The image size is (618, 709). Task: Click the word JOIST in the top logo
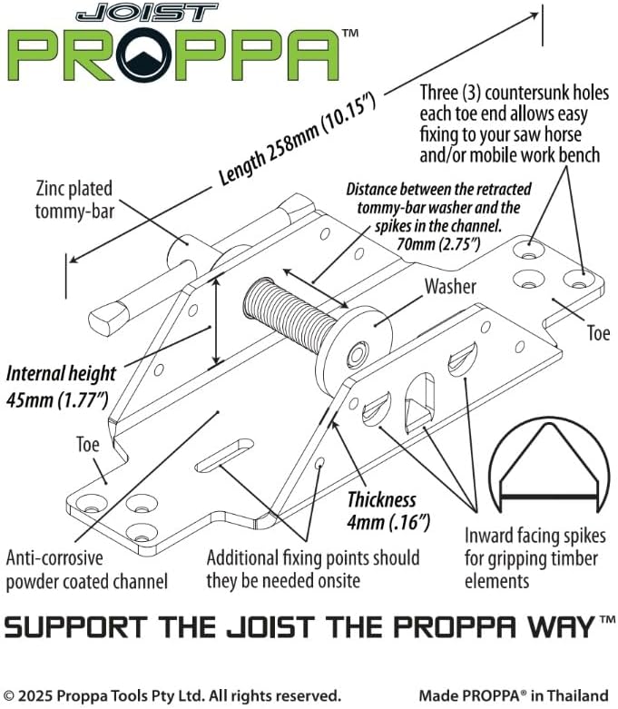[x=147, y=13]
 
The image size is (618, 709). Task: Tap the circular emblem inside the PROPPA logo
[x=143, y=54]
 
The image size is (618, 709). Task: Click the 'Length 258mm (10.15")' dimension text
[x=297, y=139]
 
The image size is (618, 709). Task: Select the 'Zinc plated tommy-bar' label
[x=74, y=200]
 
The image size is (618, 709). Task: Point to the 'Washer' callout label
[x=450, y=287]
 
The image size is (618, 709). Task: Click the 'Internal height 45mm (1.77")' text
[x=61, y=387]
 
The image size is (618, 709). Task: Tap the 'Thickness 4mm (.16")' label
[x=388, y=511]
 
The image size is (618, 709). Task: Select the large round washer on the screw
[x=354, y=350]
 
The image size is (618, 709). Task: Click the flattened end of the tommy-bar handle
[x=109, y=318]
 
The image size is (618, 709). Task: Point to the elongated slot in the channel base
[x=224, y=455]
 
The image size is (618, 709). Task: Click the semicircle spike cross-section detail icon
[x=549, y=465]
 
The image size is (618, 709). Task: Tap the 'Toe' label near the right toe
[x=598, y=333]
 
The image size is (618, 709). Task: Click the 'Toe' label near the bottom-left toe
[x=87, y=445]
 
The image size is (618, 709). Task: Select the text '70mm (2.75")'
[x=437, y=244]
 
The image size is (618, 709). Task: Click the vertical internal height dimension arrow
[x=217, y=321]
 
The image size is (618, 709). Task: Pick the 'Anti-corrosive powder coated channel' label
[x=87, y=570]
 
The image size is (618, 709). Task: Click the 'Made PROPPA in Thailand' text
[x=514, y=695]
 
